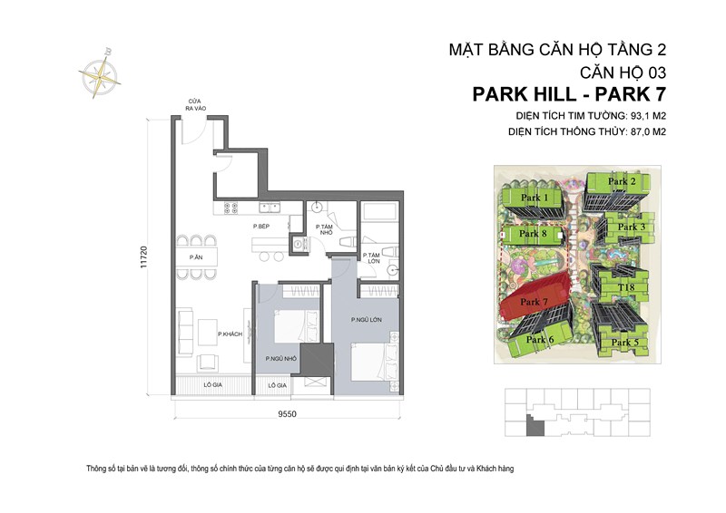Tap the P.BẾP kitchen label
pos(262,226)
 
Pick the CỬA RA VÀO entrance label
pos(193,106)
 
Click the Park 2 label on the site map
pos(622,181)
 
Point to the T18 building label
pos(625,288)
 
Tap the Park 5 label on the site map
pos(624,343)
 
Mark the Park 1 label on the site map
pos(535,198)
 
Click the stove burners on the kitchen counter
pos(228,208)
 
